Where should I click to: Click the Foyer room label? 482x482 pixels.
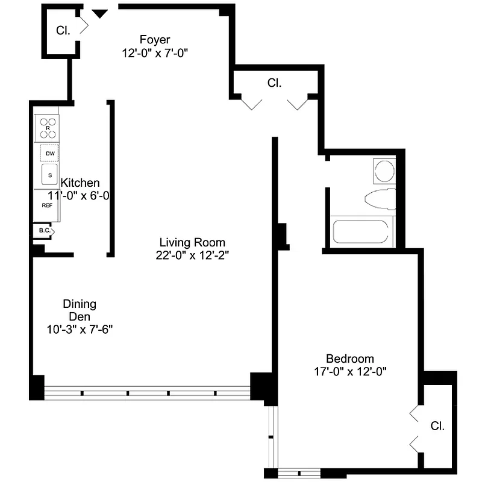click(x=155, y=40)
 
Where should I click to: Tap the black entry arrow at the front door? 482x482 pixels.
click(x=100, y=13)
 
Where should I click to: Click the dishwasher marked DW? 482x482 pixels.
click(x=50, y=154)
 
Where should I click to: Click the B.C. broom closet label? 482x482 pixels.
click(x=43, y=231)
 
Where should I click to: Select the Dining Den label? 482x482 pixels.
click(x=80, y=310)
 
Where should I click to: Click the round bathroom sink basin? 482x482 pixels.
click(x=384, y=171)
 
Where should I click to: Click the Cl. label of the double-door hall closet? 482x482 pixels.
click(x=274, y=84)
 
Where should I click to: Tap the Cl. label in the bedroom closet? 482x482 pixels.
click(x=437, y=426)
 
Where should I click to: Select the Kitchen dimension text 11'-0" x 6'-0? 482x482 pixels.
click(x=83, y=196)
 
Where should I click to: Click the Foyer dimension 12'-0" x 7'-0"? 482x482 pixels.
click(x=155, y=52)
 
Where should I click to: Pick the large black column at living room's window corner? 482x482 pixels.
click(x=263, y=387)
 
